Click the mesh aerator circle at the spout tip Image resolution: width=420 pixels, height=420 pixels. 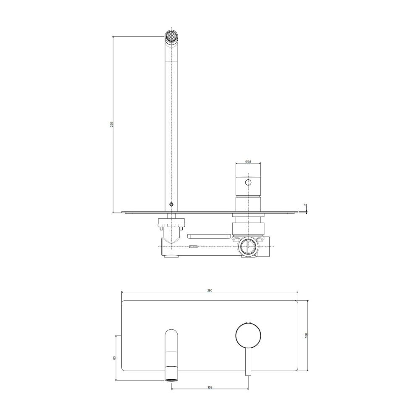(x=171, y=36)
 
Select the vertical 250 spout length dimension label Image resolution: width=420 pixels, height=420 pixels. (x=112, y=124)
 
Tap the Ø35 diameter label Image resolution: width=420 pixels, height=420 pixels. (x=248, y=162)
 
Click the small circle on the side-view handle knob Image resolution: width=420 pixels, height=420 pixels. (x=248, y=182)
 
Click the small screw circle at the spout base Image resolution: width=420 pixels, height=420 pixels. (x=171, y=205)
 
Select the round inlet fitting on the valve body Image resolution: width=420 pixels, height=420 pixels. (x=248, y=247)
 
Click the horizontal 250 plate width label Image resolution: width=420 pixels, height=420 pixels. (x=210, y=291)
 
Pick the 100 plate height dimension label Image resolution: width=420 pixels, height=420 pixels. (x=307, y=335)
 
